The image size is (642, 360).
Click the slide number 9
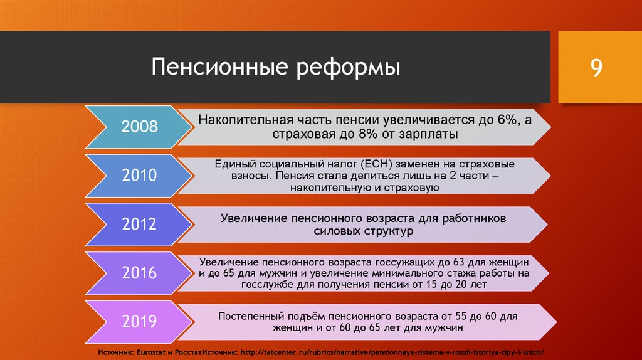[x=596, y=68]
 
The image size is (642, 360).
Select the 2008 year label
[x=139, y=127]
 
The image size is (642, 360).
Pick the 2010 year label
[x=139, y=175]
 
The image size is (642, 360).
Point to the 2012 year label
[x=139, y=224]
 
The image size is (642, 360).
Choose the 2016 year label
[x=139, y=273]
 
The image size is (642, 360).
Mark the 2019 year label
[x=139, y=321]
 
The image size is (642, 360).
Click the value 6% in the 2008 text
[x=508, y=120]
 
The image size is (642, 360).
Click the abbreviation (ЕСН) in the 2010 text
[x=377, y=164]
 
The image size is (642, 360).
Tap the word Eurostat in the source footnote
[x=152, y=352]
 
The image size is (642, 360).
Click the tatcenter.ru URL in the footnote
[x=392, y=352]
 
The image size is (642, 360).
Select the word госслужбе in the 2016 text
[x=266, y=285]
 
